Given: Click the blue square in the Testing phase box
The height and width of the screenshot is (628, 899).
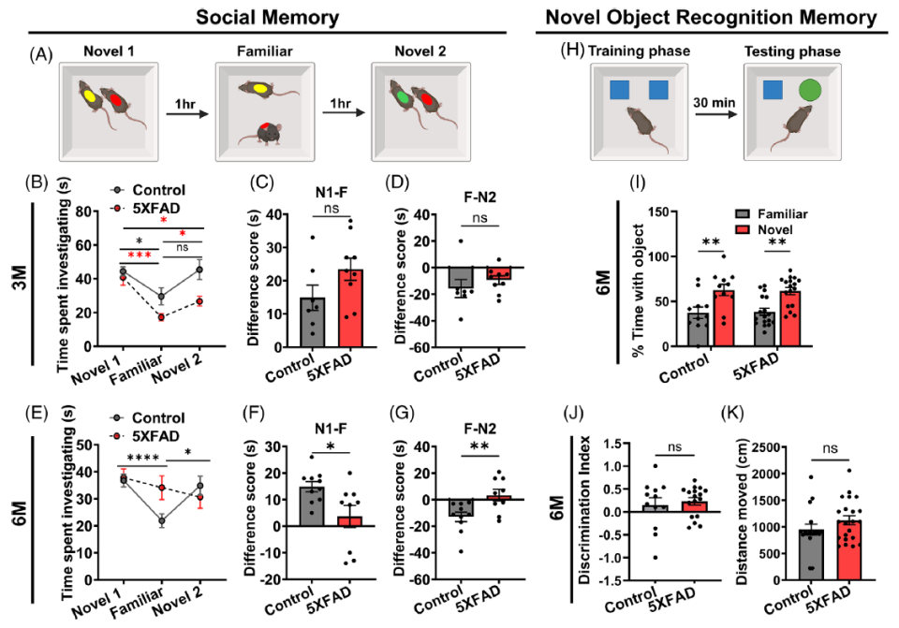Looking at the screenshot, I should click(x=772, y=90).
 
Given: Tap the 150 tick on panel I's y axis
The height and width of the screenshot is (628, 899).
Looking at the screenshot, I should click(x=659, y=212).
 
